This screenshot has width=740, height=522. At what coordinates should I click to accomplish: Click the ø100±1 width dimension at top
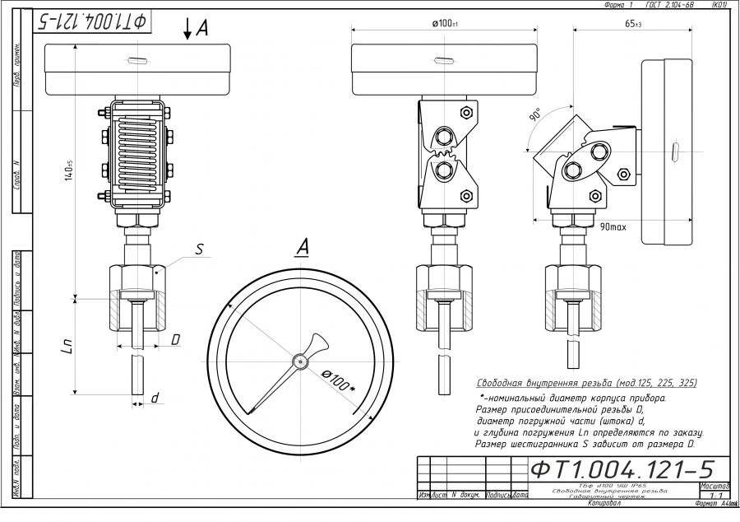tap(445, 23)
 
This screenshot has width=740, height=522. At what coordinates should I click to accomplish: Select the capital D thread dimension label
tap(175, 338)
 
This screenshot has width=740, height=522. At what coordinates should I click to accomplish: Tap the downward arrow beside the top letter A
tap(187, 30)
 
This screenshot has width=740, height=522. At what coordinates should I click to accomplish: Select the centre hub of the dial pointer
tap(302, 360)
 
